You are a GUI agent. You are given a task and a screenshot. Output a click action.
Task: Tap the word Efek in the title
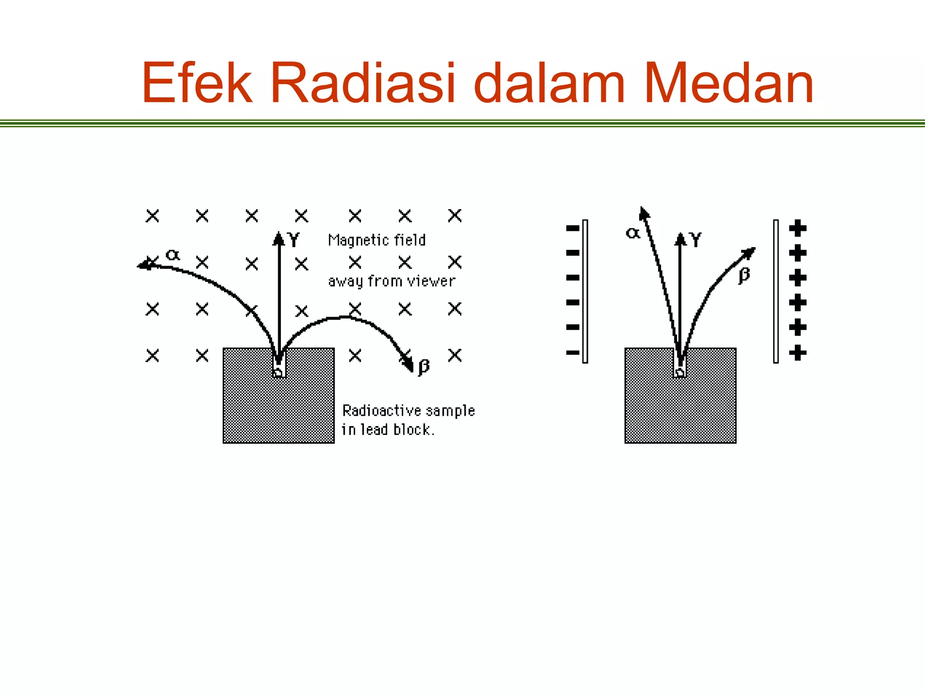[x=197, y=84]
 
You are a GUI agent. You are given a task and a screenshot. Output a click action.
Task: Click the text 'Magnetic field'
[x=377, y=240]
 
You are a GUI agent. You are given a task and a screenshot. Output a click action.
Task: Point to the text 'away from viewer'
[x=392, y=281]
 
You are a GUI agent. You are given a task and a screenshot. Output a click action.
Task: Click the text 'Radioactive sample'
[x=408, y=410]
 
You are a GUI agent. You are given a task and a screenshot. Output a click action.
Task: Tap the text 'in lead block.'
[x=388, y=429]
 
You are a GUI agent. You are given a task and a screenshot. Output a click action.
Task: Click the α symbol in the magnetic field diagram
[x=173, y=255]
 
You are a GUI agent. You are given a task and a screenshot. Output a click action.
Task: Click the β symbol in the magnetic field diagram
[x=424, y=366]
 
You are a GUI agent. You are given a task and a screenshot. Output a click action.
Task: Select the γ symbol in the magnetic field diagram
[x=294, y=239]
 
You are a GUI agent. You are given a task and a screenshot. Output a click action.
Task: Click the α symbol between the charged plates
[x=632, y=233]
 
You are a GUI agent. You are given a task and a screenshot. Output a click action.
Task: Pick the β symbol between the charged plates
[x=744, y=275]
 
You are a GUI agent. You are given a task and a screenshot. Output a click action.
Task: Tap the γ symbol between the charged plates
[x=696, y=239]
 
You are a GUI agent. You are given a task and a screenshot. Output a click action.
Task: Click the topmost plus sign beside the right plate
[x=798, y=228]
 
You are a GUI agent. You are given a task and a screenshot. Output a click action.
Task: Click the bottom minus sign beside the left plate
[x=573, y=352]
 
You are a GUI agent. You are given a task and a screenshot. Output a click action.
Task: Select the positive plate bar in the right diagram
[x=776, y=291]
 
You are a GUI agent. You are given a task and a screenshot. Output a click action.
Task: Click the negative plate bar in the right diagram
[x=585, y=291]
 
